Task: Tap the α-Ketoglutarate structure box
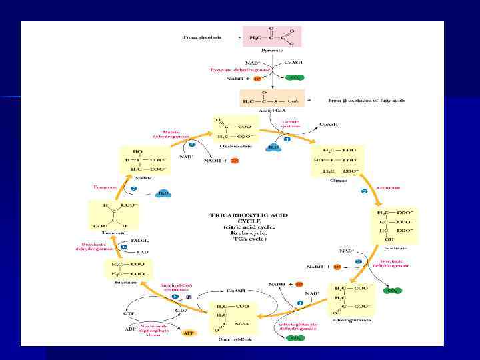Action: point(352,300)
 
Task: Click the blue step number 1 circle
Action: point(287,141)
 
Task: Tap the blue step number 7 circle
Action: point(133,189)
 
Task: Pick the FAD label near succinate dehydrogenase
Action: point(142,253)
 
